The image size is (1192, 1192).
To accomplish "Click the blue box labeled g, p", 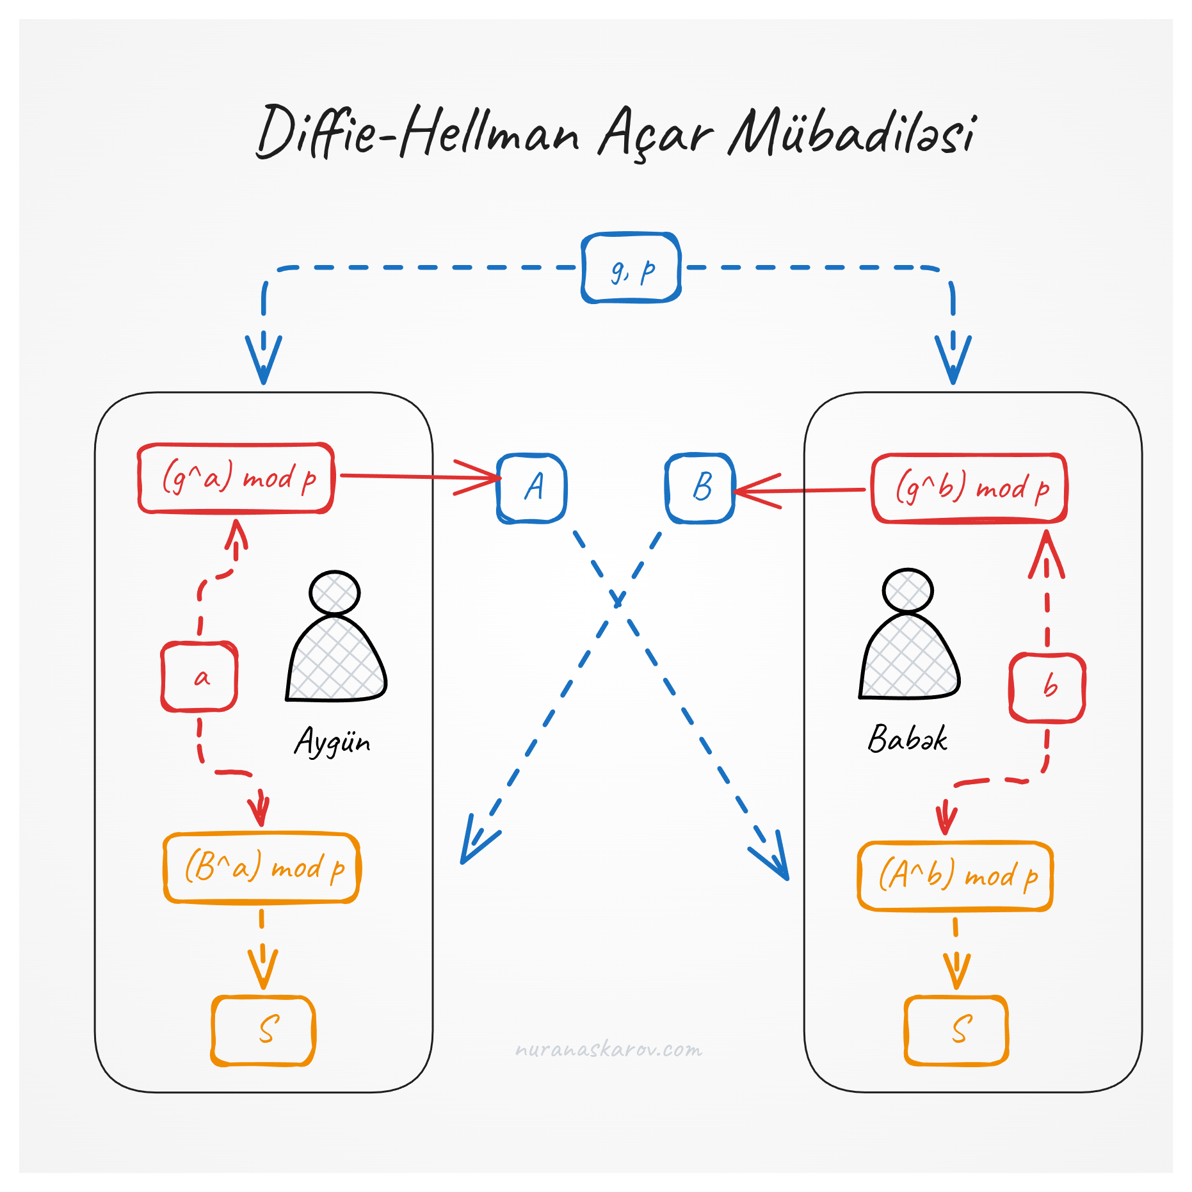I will click(x=631, y=268).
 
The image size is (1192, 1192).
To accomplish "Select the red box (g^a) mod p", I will click(x=236, y=478).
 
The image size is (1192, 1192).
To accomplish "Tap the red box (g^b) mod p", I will click(x=969, y=488).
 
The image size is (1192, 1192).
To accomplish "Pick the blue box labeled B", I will click(x=700, y=488).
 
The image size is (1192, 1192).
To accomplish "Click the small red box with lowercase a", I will click(x=200, y=677).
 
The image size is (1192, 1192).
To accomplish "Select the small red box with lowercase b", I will click(x=1047, y=688).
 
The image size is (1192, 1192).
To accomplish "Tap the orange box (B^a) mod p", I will click(x=262, y=868).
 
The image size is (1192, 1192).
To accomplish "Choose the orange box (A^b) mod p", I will click(x=955, y=876).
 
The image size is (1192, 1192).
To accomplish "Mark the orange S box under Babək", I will click(x=956, y=1030).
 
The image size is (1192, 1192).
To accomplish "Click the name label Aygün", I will click(x=332, y=743).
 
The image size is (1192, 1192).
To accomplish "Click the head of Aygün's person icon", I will click(x=334, y=593).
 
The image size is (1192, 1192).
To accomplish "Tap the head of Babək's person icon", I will click(x=908, y=590).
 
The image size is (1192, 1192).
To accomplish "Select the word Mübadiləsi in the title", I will click(x=851, y=133).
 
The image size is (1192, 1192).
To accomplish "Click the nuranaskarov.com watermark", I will click(x=608, y=1050).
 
